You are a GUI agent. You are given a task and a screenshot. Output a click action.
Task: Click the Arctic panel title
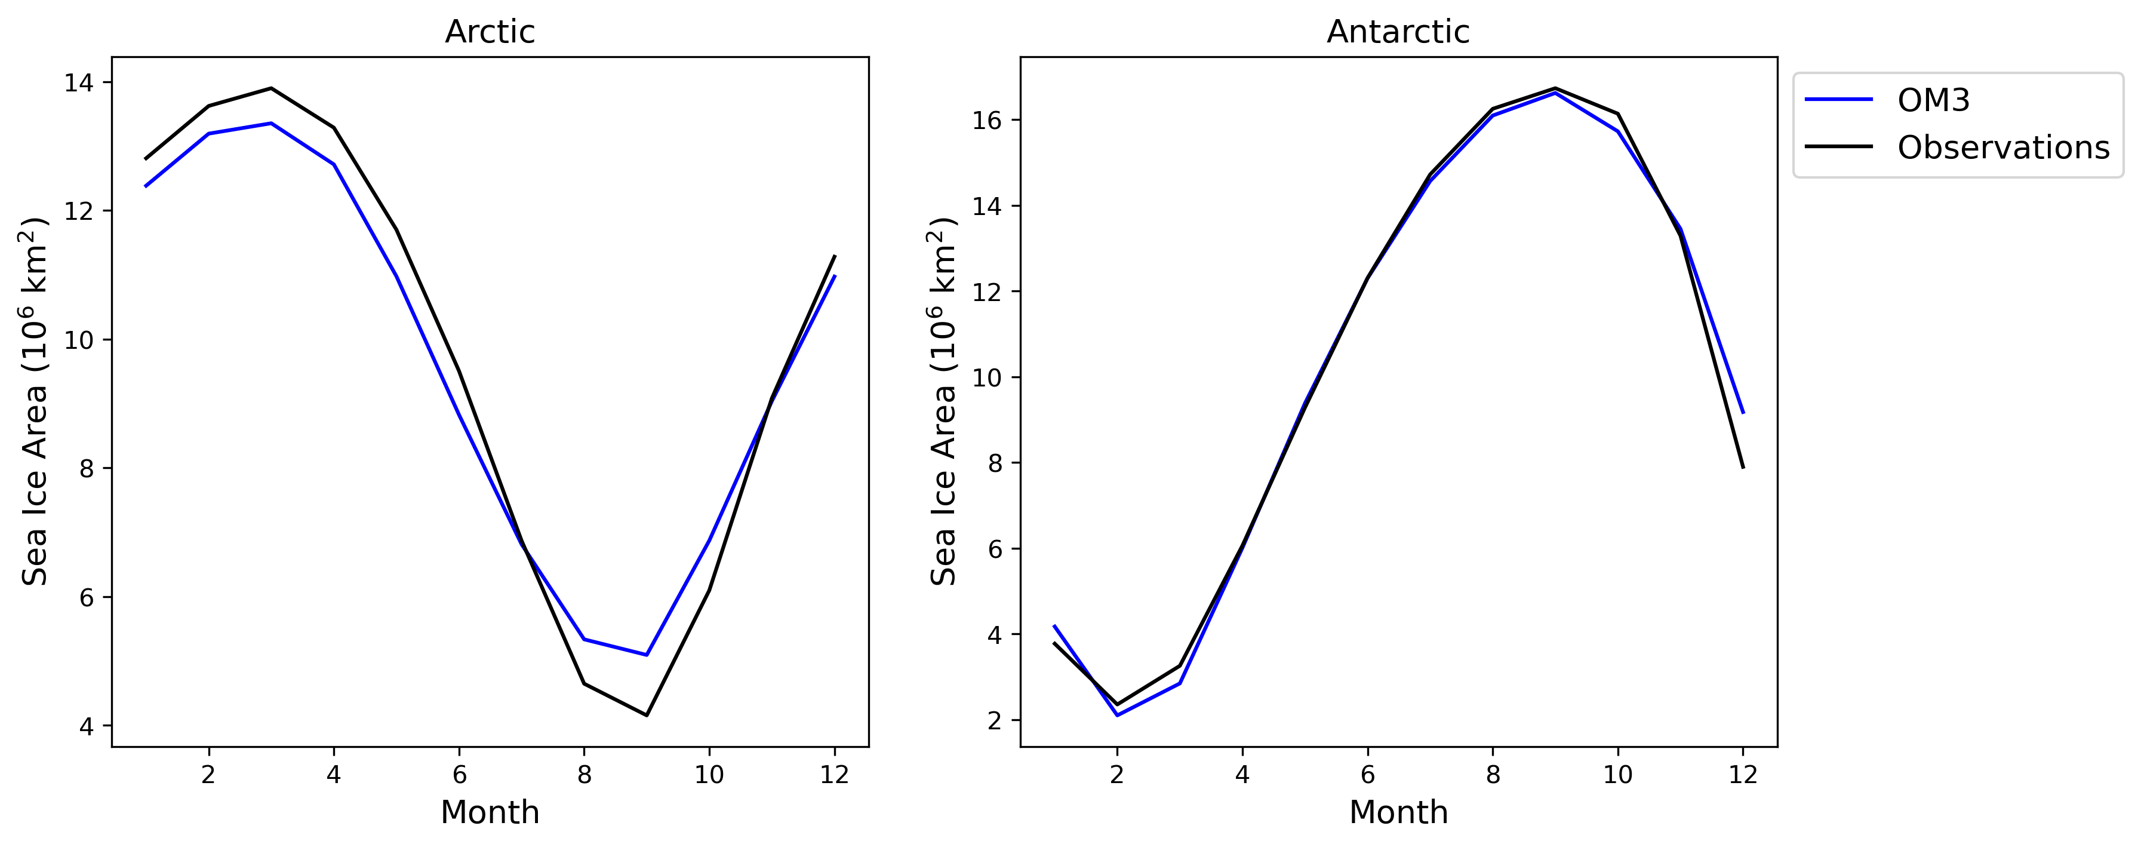pyautogui.click(x=490, y=32)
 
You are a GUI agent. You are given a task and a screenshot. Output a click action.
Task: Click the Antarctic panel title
pyautogui.click(x=1398, y=32)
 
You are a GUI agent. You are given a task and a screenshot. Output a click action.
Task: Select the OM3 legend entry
pyautogui.click(x=1933, y=100)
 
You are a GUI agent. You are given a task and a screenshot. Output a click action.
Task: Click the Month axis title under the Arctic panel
pyautogui.click(x=490, y=812)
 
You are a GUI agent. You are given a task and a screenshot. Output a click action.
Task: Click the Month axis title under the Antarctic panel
pyautogui.click(x=1398, y=812)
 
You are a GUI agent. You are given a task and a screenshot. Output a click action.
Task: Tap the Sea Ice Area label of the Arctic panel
pyautogui.click(x=35, y=401)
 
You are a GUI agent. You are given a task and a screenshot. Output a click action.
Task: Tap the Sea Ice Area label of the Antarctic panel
pyautogui.click(x=943, y=401)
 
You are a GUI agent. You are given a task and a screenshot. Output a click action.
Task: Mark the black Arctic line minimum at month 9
pyautogui.click(x=647, y=715)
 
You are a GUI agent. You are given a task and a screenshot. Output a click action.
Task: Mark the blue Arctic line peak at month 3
pyautogui.click(x=271, y=123)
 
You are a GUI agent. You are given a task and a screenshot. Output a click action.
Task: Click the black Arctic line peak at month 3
pyautogui.click(x=271, y=88)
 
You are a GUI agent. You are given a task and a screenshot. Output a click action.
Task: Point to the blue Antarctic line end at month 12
pyautogui.click(x=1743, y=412)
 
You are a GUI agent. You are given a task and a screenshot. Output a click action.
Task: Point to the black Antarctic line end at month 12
pyautogui.click(x=1743, y=467)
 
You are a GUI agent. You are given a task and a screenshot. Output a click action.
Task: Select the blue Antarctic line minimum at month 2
pyautogui.click(x=1117, y=715)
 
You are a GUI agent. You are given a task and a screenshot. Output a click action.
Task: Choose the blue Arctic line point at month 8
pyautogui.click(x=585, y=639)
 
